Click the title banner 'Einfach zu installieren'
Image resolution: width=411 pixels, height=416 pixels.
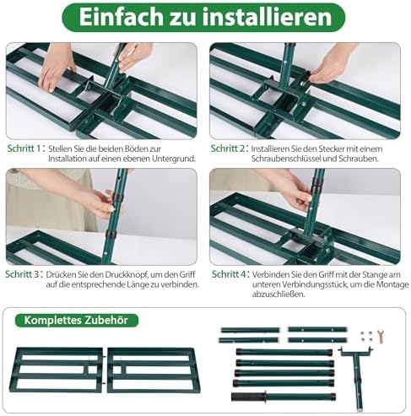coord(205,17)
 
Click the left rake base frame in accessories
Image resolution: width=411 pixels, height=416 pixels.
coord(55,369)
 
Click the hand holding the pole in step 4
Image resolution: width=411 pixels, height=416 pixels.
coord(295,193)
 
